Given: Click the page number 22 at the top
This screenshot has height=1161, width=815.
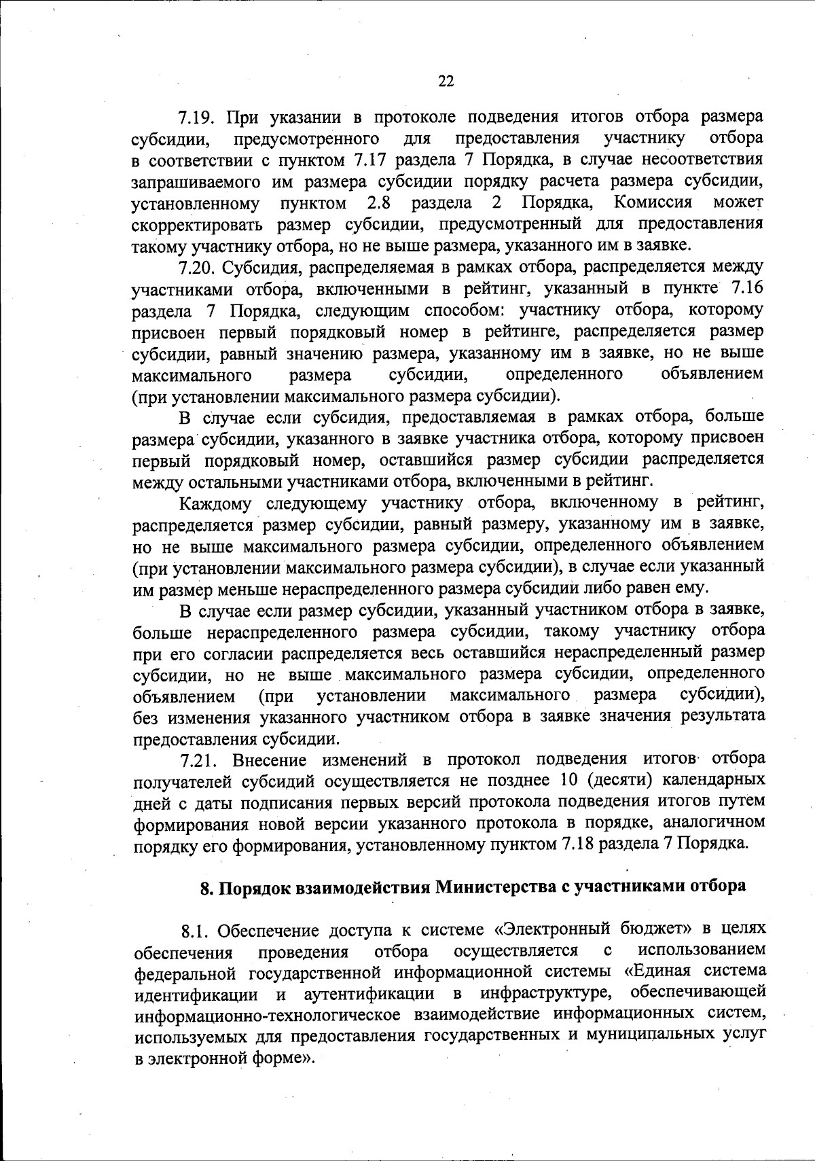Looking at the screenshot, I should click(x=445, y=82).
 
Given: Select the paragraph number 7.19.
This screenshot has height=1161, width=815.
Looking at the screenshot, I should click(x=197, y=118).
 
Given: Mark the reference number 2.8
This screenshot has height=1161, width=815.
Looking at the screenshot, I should click(x=381, y=203).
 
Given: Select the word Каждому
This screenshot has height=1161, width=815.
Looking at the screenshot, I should click(x=215, y=504).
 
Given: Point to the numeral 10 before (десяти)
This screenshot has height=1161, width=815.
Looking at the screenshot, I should click(x=561, y=780).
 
